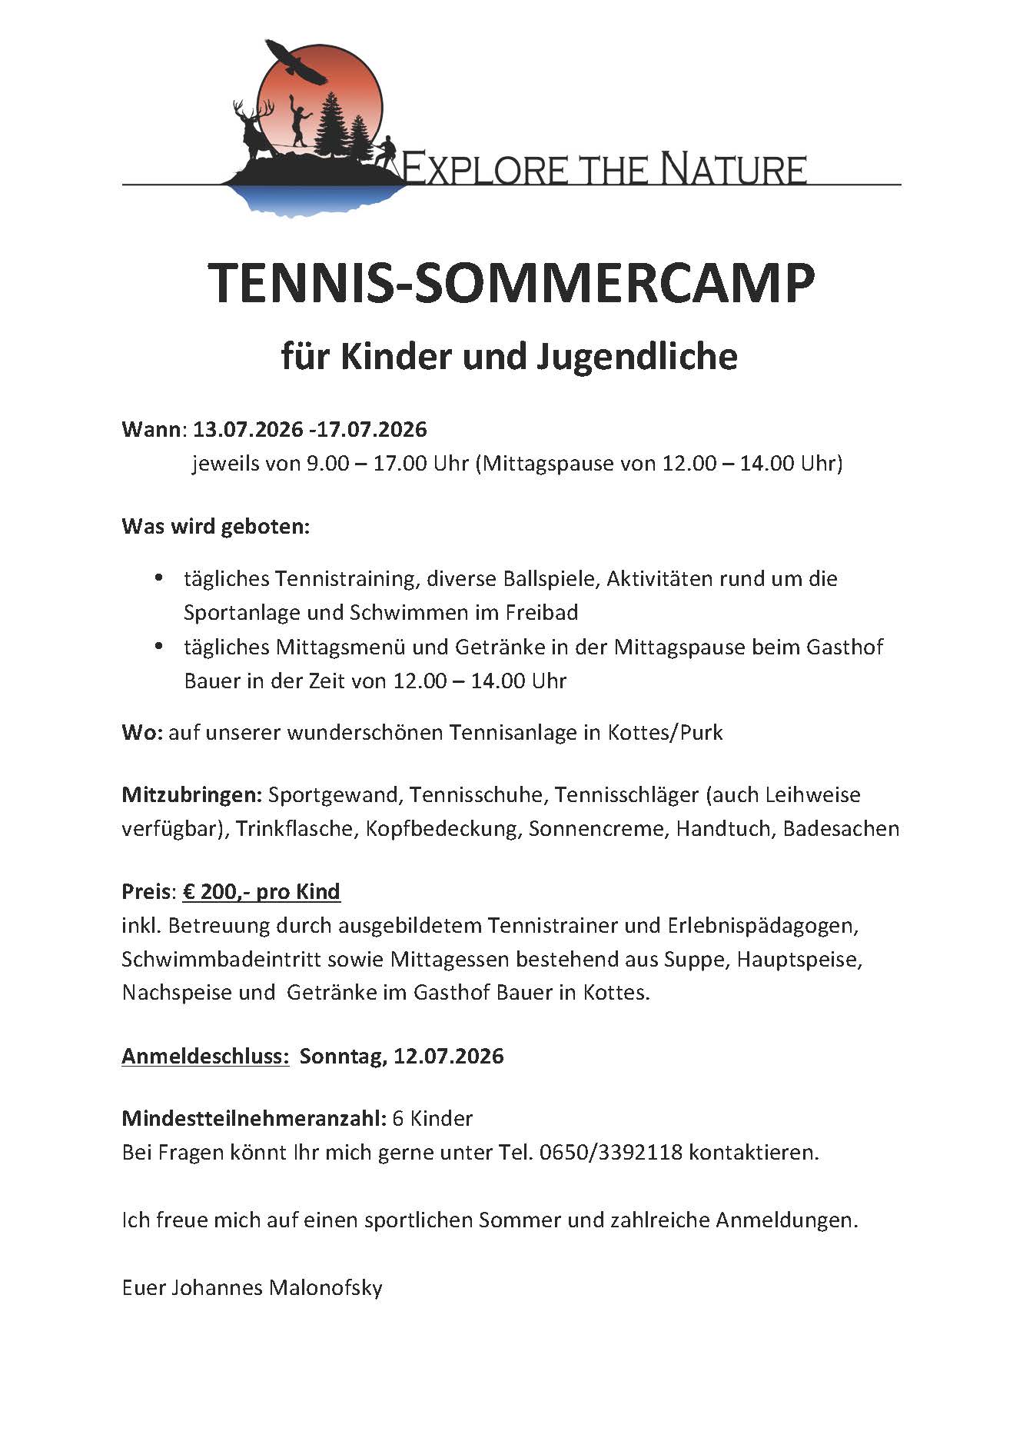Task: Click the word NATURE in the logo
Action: [733, 168]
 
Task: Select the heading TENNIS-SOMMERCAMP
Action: [511, 284]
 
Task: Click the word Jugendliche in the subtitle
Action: [637, 357]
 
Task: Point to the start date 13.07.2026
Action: [247, 429]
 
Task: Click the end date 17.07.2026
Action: [370, 429]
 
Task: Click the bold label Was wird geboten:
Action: [215, 528]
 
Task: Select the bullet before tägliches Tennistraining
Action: [159, 578]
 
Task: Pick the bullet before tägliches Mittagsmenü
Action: [159, 646]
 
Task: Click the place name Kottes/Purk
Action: [665, 732]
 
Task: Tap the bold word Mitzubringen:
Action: [192, 794]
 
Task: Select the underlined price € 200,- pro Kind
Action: [261, 892]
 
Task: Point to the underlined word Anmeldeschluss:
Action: [205, 1056]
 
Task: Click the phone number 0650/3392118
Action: [611, 1153]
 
